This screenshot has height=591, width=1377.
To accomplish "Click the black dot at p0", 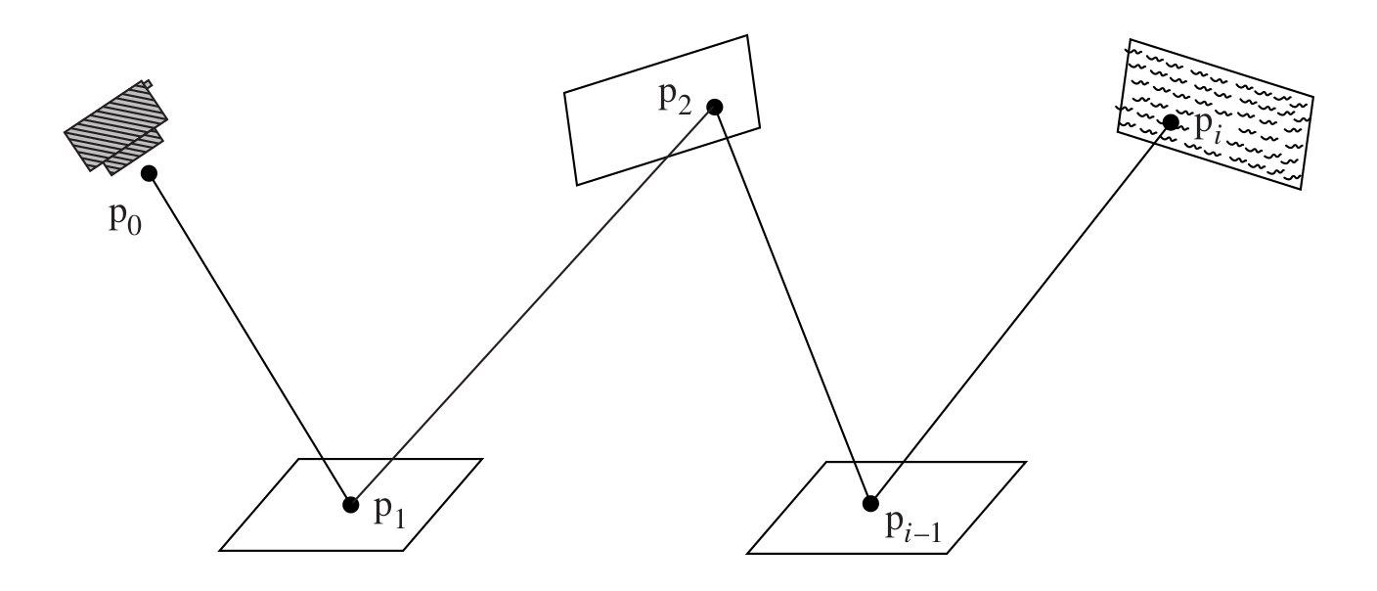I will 149,173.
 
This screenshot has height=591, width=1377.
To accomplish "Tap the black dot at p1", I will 350,505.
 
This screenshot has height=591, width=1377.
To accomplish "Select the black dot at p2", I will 715,107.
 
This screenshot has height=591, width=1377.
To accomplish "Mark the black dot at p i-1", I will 869,504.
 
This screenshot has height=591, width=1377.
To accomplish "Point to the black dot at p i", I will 1170,121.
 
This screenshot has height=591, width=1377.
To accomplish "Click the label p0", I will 124,216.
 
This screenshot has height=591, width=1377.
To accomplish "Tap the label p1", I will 388,511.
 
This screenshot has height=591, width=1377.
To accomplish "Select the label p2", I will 676,101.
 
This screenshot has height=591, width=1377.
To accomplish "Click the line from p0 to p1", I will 249,339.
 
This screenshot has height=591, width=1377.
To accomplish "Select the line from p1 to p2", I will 533,305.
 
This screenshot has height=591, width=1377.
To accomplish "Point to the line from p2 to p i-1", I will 792,305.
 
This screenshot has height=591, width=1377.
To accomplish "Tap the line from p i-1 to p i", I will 1019,313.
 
